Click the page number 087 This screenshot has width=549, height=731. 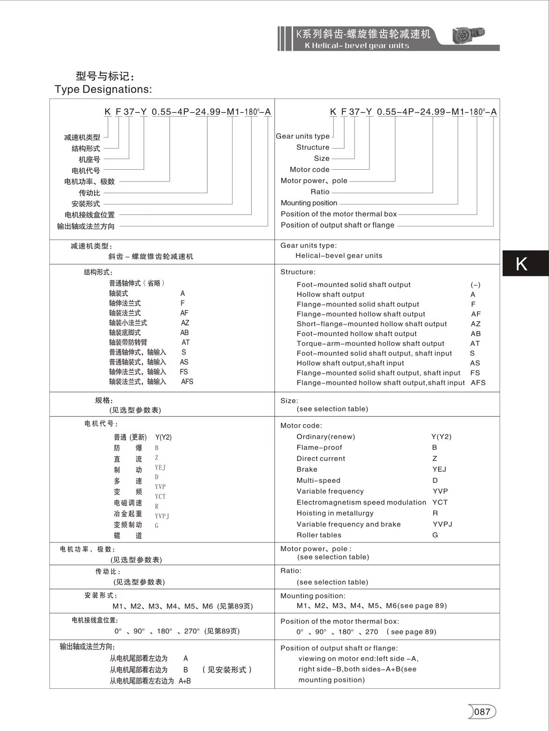pyautogui.click(x=482, y=712)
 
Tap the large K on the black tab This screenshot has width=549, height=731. pyautogui.click(x=521, y=264)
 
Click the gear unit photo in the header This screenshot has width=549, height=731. pyautogui.click(x=468, y=35)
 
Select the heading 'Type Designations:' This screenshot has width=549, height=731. pyautogui.click(x=103, y=89)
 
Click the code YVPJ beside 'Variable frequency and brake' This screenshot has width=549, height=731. pyautogui.click(x=442, y=524)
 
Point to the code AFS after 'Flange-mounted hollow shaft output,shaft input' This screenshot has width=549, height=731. pyautogui.click(x=478, y=383)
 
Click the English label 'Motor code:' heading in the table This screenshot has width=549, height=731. pyautogui.click(x=301, y=426)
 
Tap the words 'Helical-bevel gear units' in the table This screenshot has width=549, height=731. pyautogui.click(x=338, y=256)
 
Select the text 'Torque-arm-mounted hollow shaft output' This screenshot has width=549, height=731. pyautogui.click(x=370, y=343)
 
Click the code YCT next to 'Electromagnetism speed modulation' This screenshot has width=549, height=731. pyautogui.click(x=440, y=502)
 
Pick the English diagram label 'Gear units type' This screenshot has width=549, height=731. pyautogui.click(x=302, y=136)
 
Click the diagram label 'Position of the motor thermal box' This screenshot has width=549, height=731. pyautogui.click(x=338, y=214)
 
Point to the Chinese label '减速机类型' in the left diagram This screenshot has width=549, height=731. pyautogui.click(x=82, y=137)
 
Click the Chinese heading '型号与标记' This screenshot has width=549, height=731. pyautogui.click(x=105, y=76)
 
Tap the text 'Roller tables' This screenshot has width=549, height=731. pyautogui.click(x=319, y=535)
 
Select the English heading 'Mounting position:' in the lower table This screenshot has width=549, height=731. pyautogui.click(x=313, y=596)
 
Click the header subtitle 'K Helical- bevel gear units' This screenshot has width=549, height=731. pyautogui.click(x=357, y=45)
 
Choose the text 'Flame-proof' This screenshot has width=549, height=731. pyautogui.click(x=319, y=447)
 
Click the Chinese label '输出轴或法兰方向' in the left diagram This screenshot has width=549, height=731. pyautogui.click(x=85, y=226)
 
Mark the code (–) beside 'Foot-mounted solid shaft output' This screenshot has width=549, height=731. pyautogui.click(x=475, y=285)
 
